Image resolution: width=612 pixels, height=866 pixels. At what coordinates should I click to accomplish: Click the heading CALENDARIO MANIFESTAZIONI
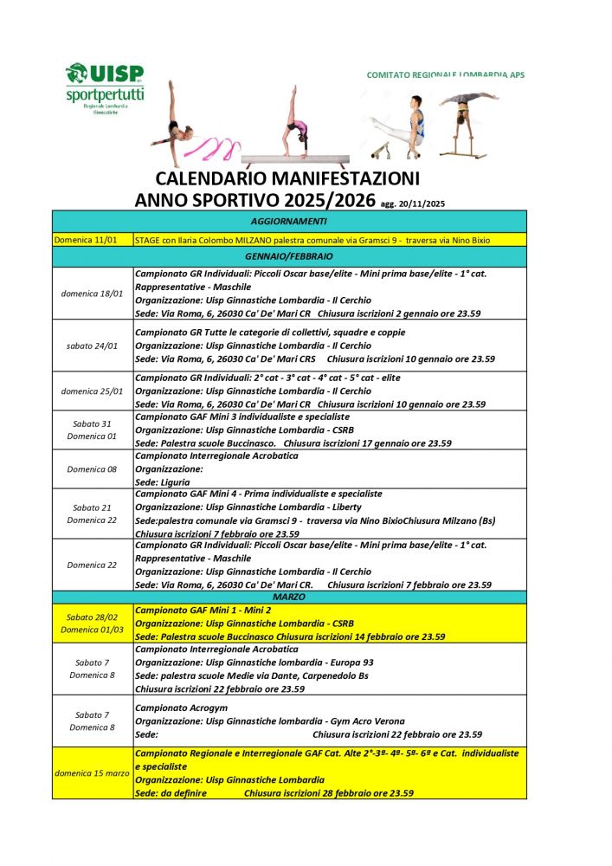point(287,179)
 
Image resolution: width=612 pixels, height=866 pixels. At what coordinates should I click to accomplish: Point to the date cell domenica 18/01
point(92,293)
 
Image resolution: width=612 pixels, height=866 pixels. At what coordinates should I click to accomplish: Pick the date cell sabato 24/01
point(92,346)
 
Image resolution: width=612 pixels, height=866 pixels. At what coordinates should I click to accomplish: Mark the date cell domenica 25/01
point(92,391)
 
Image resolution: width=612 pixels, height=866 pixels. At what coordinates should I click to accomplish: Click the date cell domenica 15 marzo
point(92,772)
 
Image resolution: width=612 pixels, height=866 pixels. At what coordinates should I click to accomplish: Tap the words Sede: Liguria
point(164,481)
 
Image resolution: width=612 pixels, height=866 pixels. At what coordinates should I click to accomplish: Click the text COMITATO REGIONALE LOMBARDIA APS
point(445,75)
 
